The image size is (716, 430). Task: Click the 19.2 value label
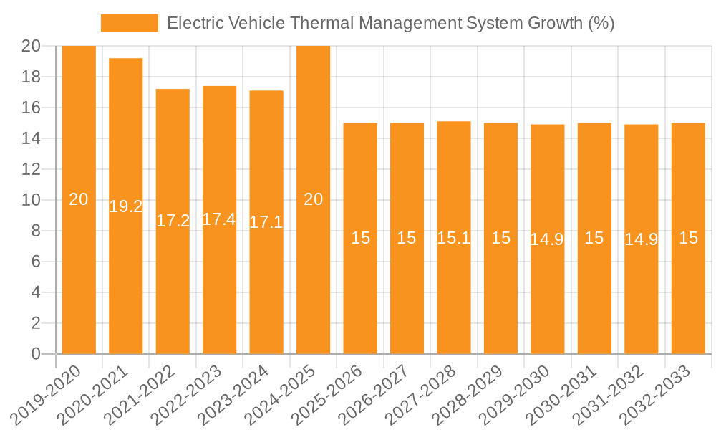pos(126,207)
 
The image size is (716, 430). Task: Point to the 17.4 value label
pos(219,220)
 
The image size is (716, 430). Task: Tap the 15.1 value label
pos(454,238)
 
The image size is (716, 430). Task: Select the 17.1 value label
pos(266,222)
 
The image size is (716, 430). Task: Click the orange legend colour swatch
pos(129,23)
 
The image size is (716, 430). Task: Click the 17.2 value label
pos(173,221)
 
